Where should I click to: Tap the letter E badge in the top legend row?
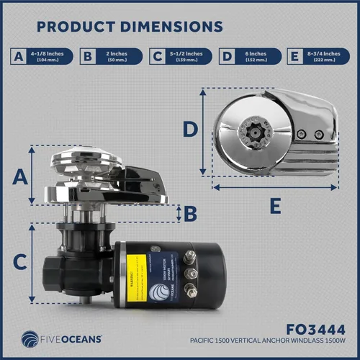(294, 56)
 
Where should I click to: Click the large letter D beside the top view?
(189, 130)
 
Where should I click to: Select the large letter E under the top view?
(274, 207)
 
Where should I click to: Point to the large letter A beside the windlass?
(22, 175)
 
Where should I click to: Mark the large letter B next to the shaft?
(190, 213)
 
